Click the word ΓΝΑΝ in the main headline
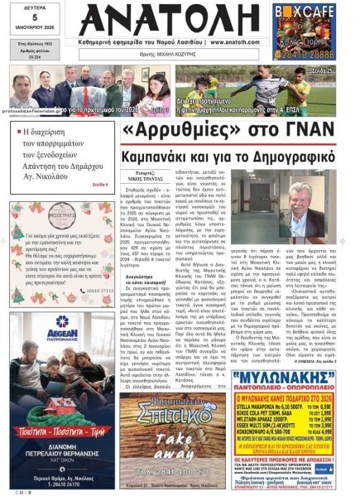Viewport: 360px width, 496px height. pos(305,132)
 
